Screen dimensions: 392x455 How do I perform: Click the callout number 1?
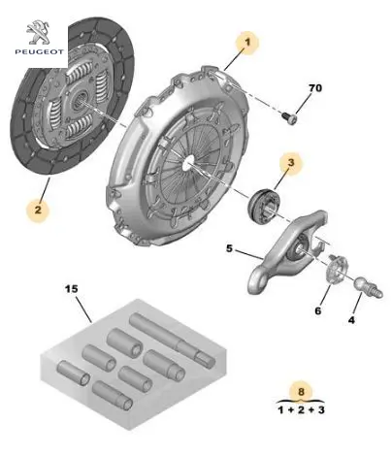pos(247,42)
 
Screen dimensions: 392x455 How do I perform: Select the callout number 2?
pos(38,210)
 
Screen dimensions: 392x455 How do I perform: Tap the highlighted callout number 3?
pos(291,163)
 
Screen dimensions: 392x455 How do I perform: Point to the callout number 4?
pos(351,320)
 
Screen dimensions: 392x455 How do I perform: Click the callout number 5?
pos(229,248)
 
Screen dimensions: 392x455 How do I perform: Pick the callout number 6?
pos(318,310)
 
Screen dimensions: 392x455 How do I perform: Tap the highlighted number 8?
pos(301,392)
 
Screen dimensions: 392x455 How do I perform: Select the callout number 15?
pos(72,289)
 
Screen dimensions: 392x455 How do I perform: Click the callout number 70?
pos(315,88)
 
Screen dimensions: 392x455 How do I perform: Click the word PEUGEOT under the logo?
pos(40,51)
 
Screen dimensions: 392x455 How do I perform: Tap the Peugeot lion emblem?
pos(39,32)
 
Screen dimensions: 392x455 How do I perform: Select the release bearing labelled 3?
pos(264,206)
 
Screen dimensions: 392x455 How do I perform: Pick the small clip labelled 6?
pos(337,269)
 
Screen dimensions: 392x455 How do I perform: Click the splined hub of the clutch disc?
pos(80,98)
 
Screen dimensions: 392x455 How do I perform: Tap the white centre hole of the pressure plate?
pos(188,162)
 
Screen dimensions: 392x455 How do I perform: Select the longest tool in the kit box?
pos(173,339)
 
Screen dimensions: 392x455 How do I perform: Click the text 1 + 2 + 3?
pos(301,410)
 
